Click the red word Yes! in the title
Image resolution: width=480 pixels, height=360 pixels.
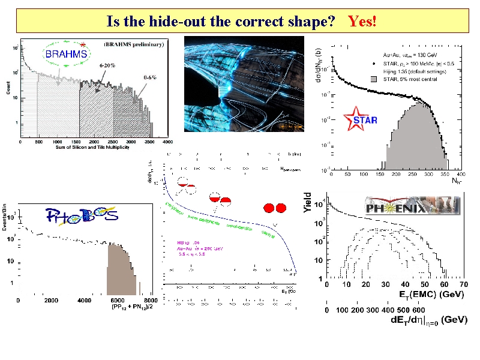point(362,22)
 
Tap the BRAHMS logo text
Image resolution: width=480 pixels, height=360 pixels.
point(67,54)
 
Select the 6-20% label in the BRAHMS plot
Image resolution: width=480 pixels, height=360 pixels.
point(108,65)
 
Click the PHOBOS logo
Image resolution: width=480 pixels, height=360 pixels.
point(82,215)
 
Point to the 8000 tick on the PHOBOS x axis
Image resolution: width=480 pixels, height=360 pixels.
point(151,300)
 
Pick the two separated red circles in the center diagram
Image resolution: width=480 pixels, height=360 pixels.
point(274,208)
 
